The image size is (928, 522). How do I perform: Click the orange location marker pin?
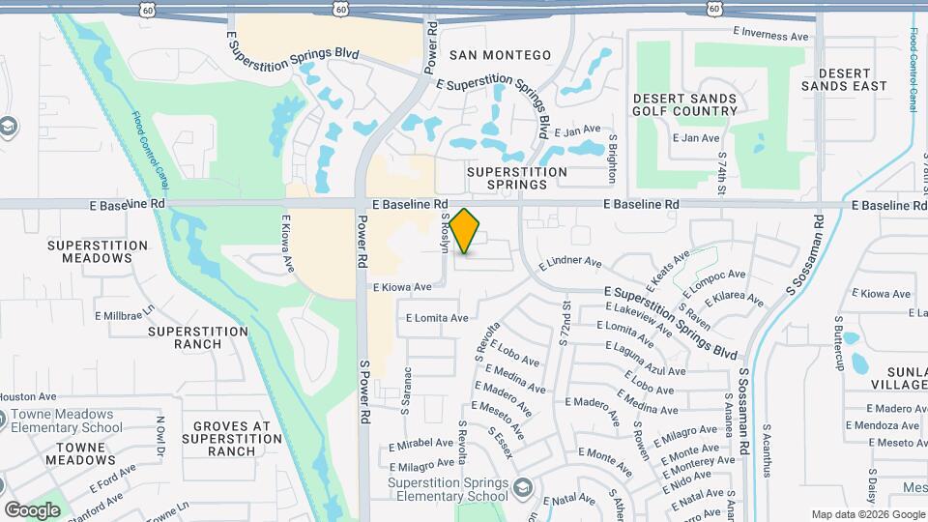pos(465,231)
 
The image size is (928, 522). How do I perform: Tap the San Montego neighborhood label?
pos(500,55)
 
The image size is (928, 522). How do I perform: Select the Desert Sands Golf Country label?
pos(684,104)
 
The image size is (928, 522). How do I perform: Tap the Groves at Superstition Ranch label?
pos(231,438)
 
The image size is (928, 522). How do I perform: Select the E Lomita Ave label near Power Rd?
pos(437,317)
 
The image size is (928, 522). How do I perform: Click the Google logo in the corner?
pos(32,510)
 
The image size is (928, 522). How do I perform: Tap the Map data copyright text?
pos(866,514)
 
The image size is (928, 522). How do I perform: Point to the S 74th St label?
pos(721,167)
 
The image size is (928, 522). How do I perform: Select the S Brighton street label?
pos(612,159)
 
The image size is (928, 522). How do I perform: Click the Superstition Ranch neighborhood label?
pos(198,337)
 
